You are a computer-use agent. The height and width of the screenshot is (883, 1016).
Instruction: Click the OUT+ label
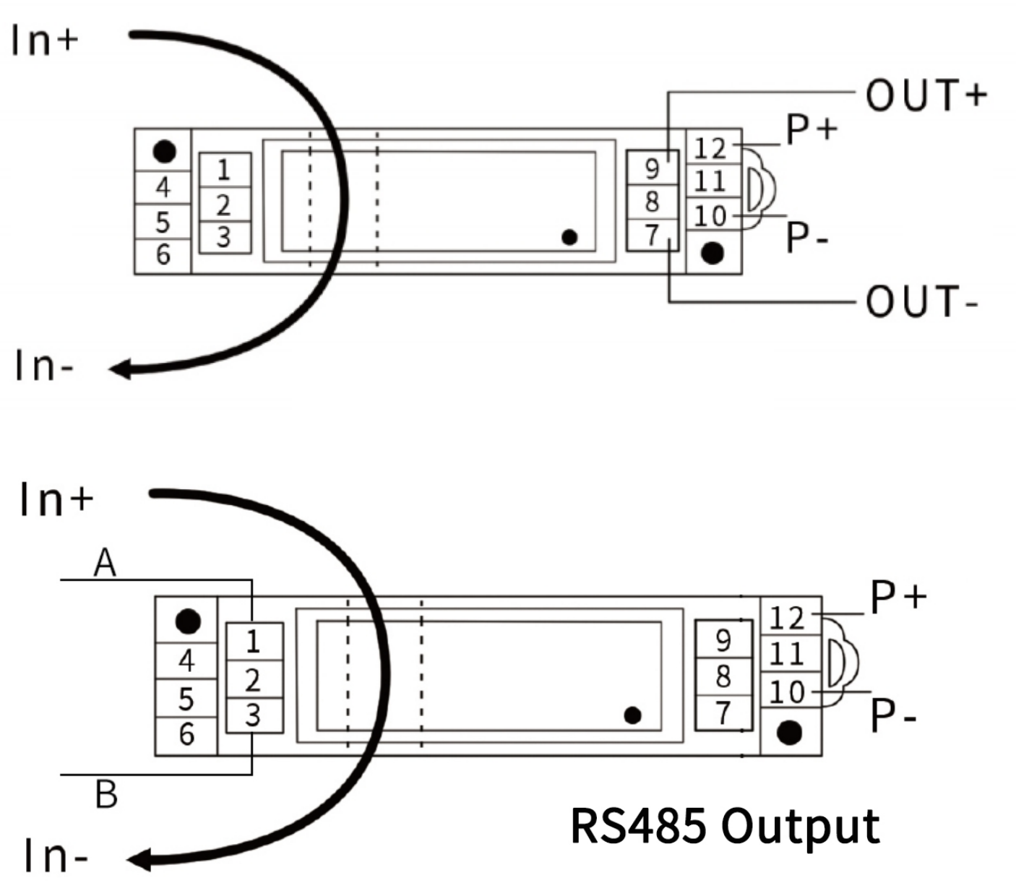[x=926, y=95]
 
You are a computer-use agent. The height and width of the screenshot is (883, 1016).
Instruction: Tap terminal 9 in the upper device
[x=652, y=169]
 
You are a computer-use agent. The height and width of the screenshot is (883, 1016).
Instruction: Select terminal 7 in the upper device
[x=652, y=235]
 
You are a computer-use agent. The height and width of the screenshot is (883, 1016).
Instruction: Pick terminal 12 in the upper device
[x=710, y=148]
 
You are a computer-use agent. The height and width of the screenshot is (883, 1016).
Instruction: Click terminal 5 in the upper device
[x=163, y=221]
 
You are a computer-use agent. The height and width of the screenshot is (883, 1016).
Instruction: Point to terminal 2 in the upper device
[x=223, y=205]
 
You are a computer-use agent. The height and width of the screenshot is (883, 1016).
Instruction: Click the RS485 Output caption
[x=725, y=825]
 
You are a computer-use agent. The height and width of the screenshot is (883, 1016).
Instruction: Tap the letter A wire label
[x=105, y=562]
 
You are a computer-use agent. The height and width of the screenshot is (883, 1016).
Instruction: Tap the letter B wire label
[x=106, y=794]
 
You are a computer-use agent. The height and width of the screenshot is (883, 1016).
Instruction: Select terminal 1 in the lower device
[x=252, y=641]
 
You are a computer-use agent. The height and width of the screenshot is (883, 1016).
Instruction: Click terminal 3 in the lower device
[x=252, y=715]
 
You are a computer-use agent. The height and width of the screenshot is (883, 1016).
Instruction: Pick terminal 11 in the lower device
[x=786, y=655]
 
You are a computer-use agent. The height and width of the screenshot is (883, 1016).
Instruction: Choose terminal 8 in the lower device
[x=723, y=676]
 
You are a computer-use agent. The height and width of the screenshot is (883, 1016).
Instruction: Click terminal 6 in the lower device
[x=186, y=734]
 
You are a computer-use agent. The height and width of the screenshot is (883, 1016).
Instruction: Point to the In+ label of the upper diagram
[x=44, y=40]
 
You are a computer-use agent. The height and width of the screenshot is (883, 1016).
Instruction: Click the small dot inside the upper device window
[x=569, y=237]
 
